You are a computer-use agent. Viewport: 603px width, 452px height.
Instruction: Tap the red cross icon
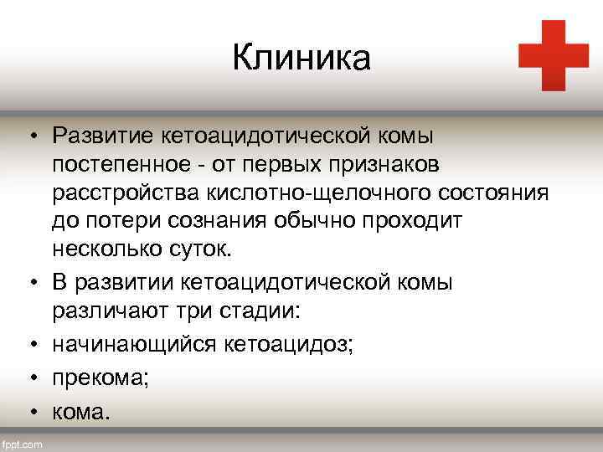tap(553, 55)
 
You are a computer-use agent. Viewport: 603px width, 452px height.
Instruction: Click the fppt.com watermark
tap(23, 444)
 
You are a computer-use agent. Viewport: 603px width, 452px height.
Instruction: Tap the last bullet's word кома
tap(80, 413)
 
